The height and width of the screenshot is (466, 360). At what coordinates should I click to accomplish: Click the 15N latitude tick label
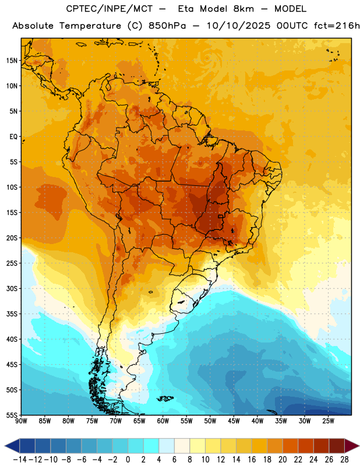coord(12,61)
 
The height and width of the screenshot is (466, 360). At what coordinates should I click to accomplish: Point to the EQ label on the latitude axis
coord(13,137)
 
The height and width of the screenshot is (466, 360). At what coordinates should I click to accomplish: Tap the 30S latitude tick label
coord(12,288)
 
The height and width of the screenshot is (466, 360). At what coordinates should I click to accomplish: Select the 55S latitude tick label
coord(12,415)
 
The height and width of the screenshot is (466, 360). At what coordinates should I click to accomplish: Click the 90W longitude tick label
coord(21,421)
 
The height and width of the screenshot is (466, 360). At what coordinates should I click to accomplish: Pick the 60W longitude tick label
coord(163,421)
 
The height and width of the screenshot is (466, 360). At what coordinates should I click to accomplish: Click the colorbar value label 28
coord(344,460)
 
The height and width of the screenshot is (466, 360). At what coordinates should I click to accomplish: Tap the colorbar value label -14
coord(20,460)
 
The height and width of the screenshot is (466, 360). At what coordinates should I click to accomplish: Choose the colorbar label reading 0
coord(128,460)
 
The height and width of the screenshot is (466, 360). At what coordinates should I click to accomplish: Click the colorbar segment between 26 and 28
coord(337,446)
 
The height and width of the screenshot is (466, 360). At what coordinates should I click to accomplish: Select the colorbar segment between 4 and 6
coord(167,446)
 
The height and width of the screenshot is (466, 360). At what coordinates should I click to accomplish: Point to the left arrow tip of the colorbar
coord(5,446)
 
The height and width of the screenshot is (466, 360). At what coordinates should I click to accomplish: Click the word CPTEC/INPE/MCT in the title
coord(109,9)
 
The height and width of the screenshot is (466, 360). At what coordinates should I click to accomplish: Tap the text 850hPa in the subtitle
coord(167,26)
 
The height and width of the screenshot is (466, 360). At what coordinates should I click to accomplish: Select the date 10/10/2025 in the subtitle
coord(238,26)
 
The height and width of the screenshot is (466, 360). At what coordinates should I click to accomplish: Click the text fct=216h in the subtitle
coord(337,26)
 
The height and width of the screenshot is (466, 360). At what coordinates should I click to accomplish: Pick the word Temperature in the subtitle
coord(90,26)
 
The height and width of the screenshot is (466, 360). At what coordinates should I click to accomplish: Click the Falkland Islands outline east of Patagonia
coord(165,398)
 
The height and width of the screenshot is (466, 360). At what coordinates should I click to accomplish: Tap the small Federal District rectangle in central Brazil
coord(221,216)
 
